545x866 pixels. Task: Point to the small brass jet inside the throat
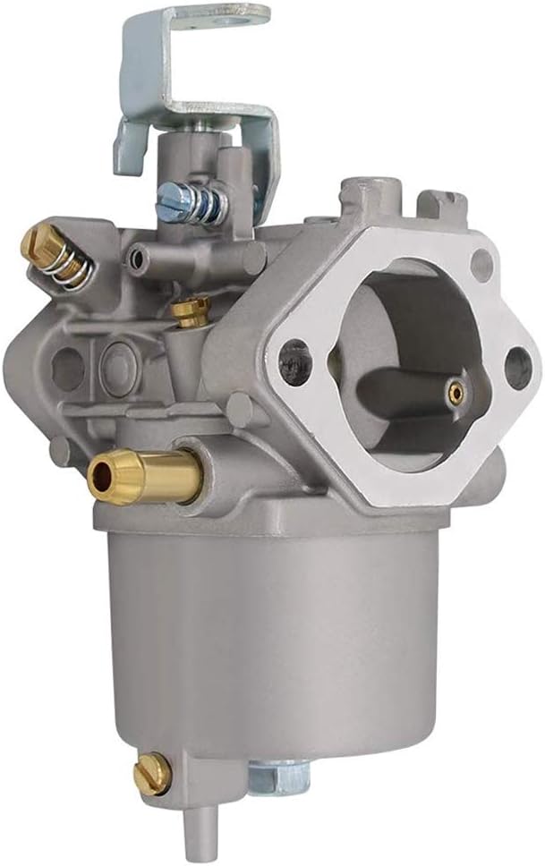(456, 390)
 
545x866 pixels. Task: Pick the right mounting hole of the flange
(516, 368)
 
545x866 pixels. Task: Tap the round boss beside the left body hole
(117, 363)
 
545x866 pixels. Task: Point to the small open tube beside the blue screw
(137, 259)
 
